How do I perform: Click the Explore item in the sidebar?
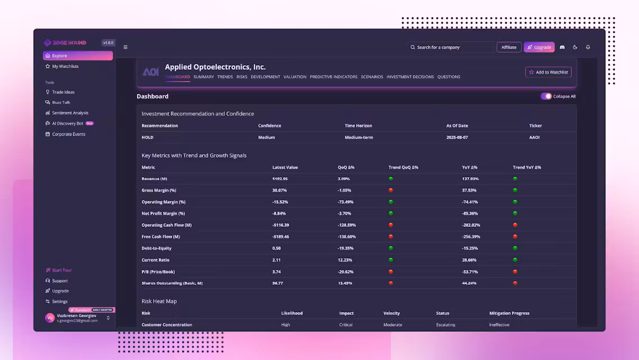click(x=78, y=56)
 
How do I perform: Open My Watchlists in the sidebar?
click(x=65, y=66)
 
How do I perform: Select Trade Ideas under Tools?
click(x=63, y=92)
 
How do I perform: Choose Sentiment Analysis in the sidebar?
click(x=70, y=113)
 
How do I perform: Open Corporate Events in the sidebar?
click(x=68, y=134)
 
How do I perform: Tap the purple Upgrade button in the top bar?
click(x=539, y=47)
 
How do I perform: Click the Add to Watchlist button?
click(x=548, y=72)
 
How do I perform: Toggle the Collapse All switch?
click(x=546, y=96)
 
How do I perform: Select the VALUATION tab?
click(x=295, y=77)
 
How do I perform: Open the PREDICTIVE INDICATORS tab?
click(x=334, y=77)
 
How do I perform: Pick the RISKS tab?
click(x=242, y=77)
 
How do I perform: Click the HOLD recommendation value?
click(x=147, y=137)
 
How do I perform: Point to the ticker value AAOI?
click(x=534, y=137)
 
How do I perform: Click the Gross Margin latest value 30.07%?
click(x=280, y=190)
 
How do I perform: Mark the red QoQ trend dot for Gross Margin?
click(x=391, y=190)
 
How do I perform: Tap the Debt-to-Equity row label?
click(x=156, y=248)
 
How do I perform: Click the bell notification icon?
click(x=588, y=47)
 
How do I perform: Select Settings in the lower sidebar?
click(x=60, y=301)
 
